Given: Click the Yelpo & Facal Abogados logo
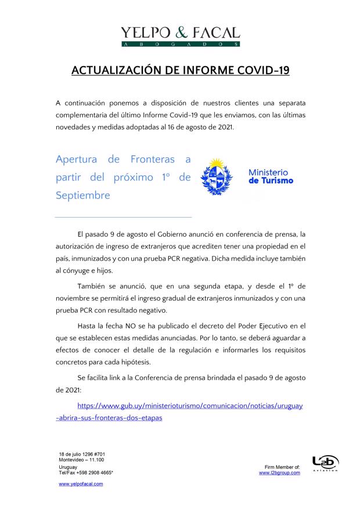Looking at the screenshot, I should click(x=180, y=35).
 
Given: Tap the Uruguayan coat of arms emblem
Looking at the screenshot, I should click(x=217, y=176).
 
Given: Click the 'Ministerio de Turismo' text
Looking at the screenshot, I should click(x=271, y=176).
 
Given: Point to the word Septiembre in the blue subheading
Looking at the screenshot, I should click(x=82, y=196).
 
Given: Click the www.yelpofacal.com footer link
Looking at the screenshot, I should click(x=81, y=483).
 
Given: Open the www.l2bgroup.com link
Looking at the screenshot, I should click(x=279, y=473).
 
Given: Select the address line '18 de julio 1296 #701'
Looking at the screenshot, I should click(x=82, y=454).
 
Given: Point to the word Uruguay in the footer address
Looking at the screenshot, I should click(x=67, y=467).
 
